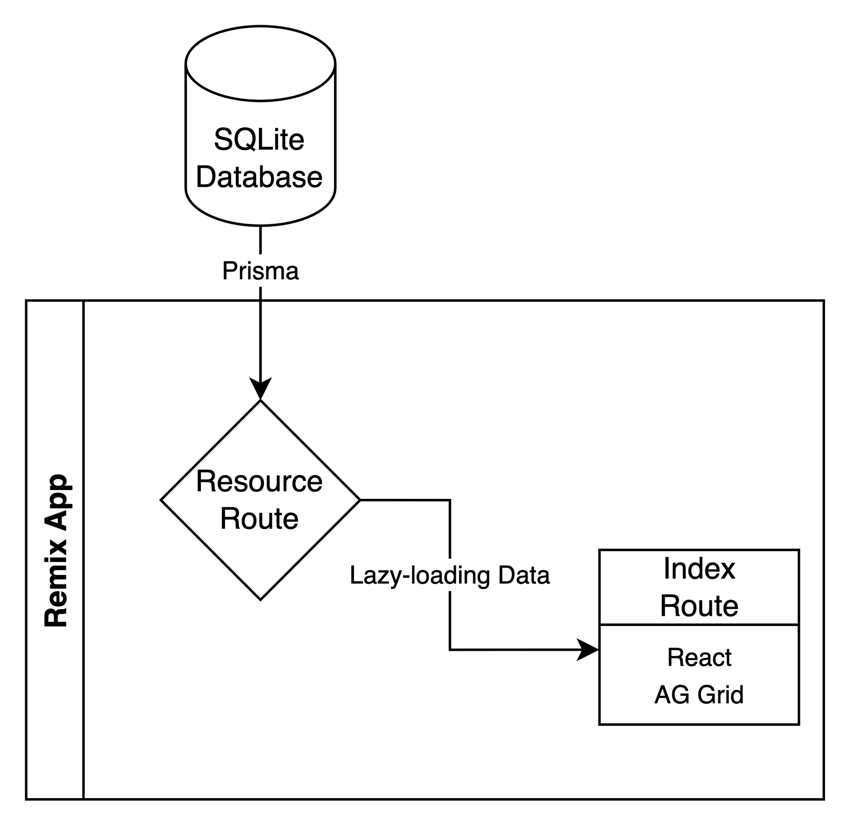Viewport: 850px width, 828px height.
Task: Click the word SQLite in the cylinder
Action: (259, 140)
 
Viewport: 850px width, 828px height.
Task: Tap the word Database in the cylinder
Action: (259, 177)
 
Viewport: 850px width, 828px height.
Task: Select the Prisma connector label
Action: (260, 271)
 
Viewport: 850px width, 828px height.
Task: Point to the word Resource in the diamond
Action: (259, 482)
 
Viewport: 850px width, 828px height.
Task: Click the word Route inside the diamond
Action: (259, 519)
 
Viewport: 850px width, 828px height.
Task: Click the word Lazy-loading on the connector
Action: (420, 575)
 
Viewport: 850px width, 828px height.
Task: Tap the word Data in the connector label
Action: (524, 575)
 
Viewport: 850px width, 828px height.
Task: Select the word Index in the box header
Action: (699, 569)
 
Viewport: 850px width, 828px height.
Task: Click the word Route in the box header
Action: (699, 606)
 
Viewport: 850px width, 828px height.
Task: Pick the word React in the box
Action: (699, 657)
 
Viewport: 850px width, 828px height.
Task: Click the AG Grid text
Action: (699, 694)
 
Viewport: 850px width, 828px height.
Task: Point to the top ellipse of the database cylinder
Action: (260, 63)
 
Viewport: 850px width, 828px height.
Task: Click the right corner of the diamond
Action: (359, 501)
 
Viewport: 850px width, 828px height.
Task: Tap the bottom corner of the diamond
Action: (260, 599)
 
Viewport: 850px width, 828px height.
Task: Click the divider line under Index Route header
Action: (699, 625)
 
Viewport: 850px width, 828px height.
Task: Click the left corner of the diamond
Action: (162, 501)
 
